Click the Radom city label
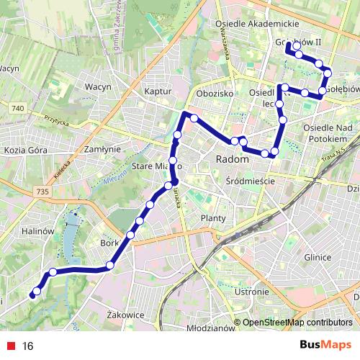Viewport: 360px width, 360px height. pos(232,158)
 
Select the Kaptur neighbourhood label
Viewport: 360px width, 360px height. pos(157,91)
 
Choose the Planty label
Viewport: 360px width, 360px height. pos(214,217)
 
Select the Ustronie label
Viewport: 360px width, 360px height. pos(252,292)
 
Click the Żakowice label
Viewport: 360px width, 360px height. pos(125,315)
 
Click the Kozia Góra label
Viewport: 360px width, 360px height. pos(25,150)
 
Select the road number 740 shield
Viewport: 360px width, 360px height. pos(18,107)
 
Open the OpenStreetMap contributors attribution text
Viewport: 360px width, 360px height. pos(297,323)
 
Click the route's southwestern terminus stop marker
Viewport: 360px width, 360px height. pos(33,294)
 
